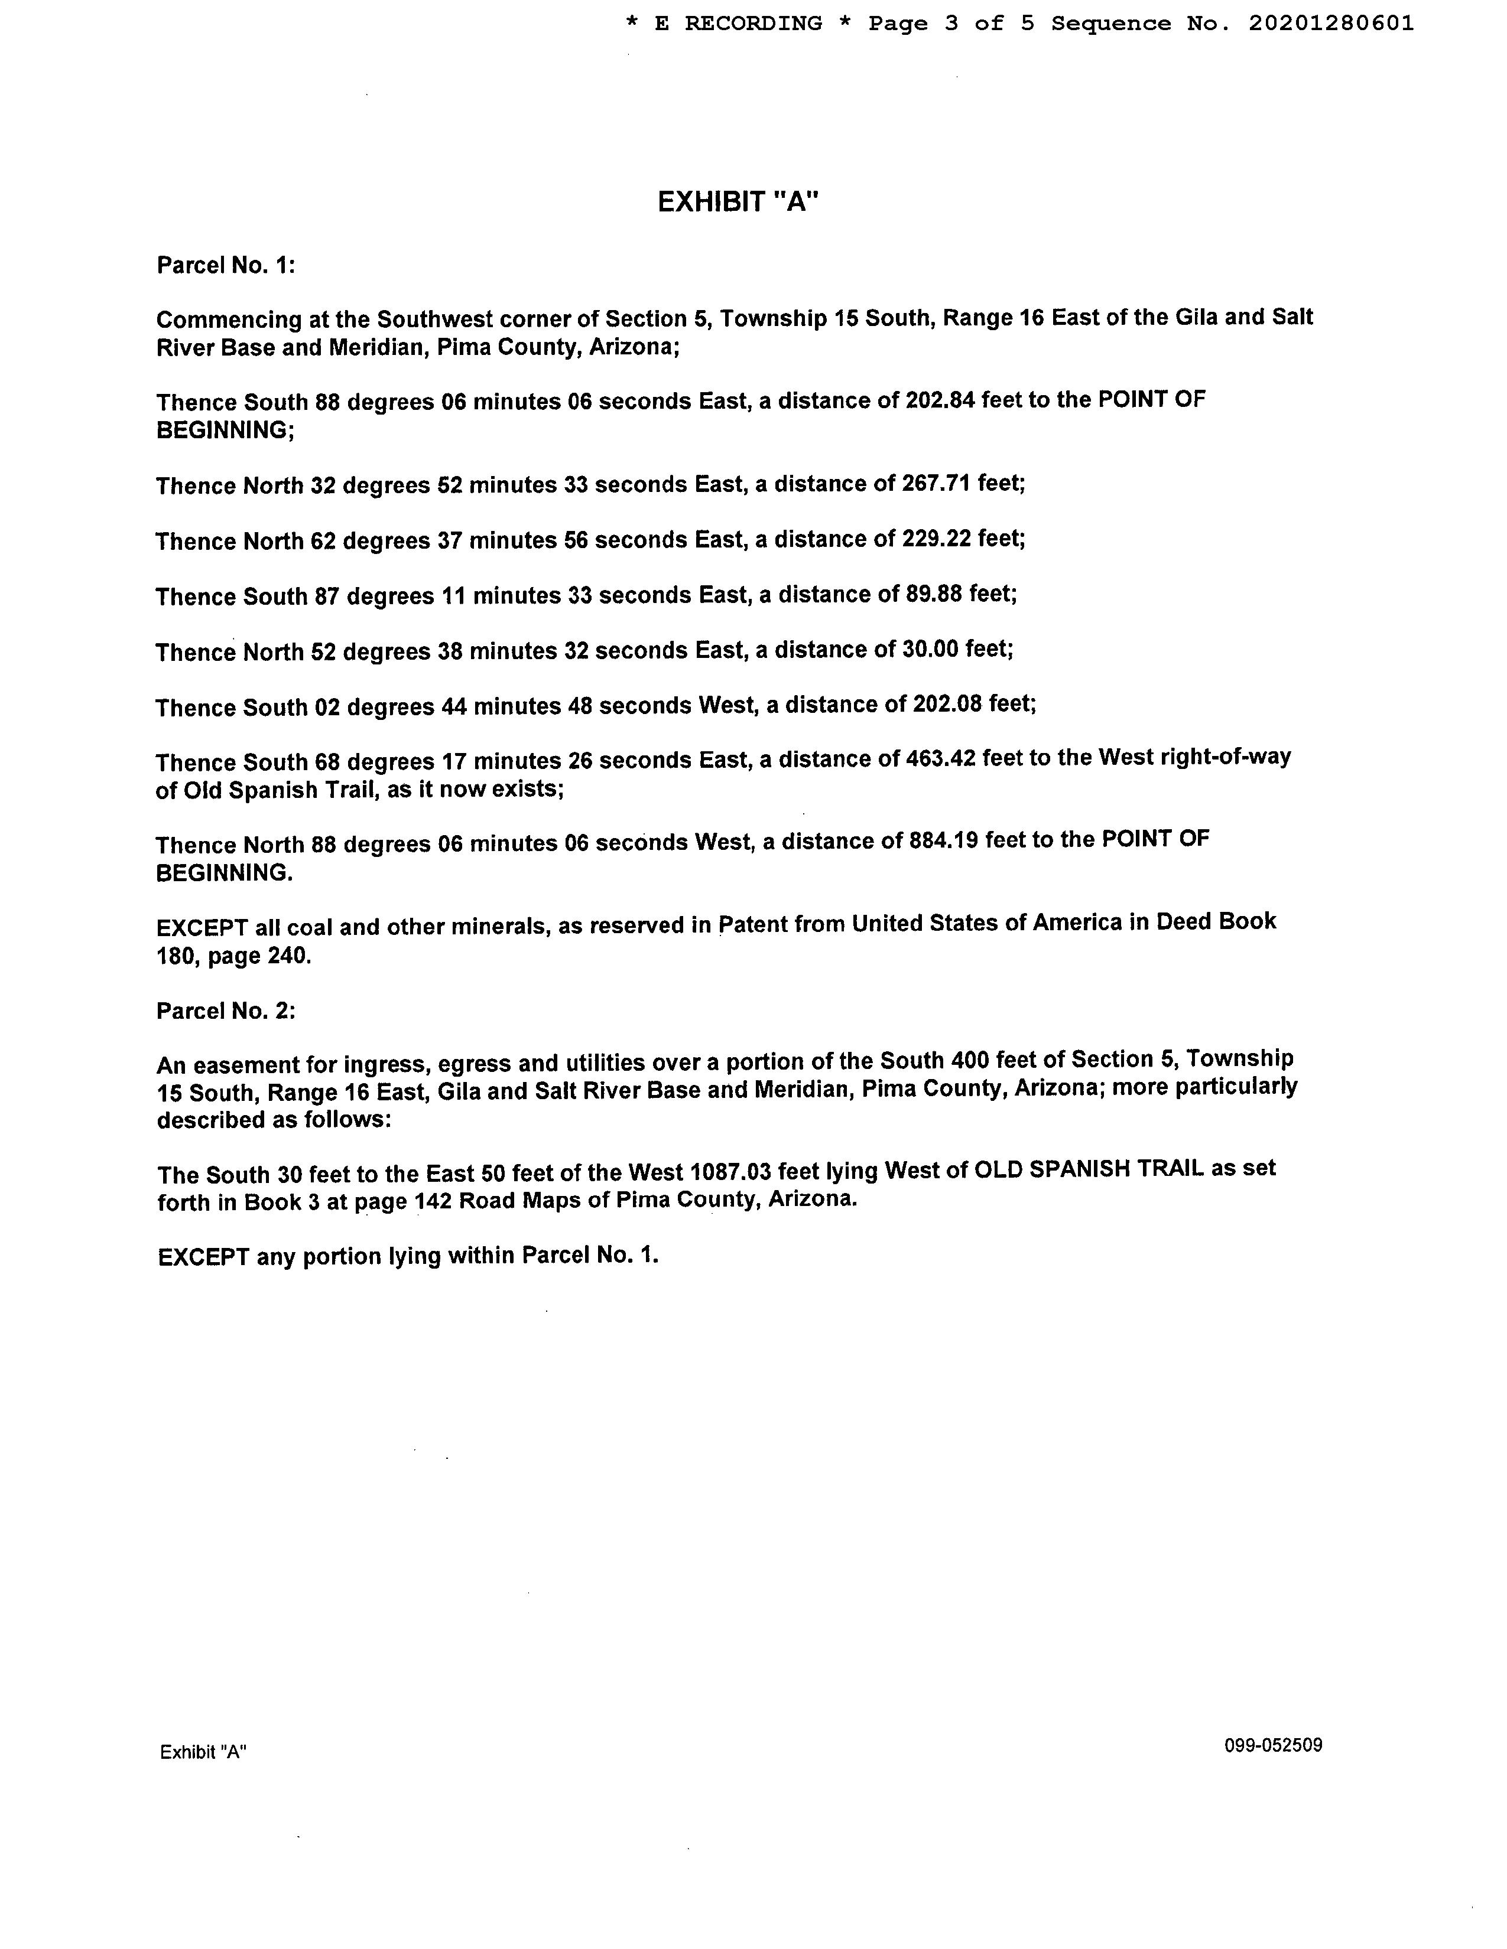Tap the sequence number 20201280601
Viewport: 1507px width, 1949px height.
(1330, 24)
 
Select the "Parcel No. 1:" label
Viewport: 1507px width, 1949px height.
(226, 265)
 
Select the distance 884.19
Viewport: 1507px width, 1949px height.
(944, 840)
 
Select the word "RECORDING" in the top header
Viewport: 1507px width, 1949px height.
(752, 24)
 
